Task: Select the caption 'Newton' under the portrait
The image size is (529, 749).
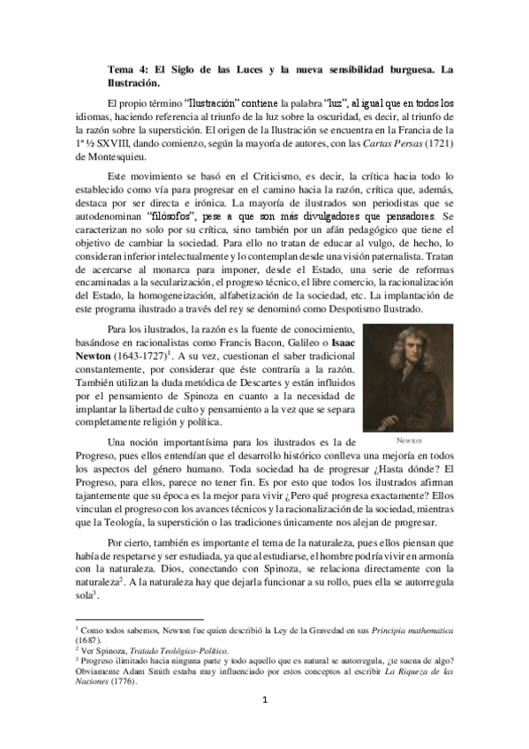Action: coord(408,440)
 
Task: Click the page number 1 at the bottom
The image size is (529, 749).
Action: coord(264,725)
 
